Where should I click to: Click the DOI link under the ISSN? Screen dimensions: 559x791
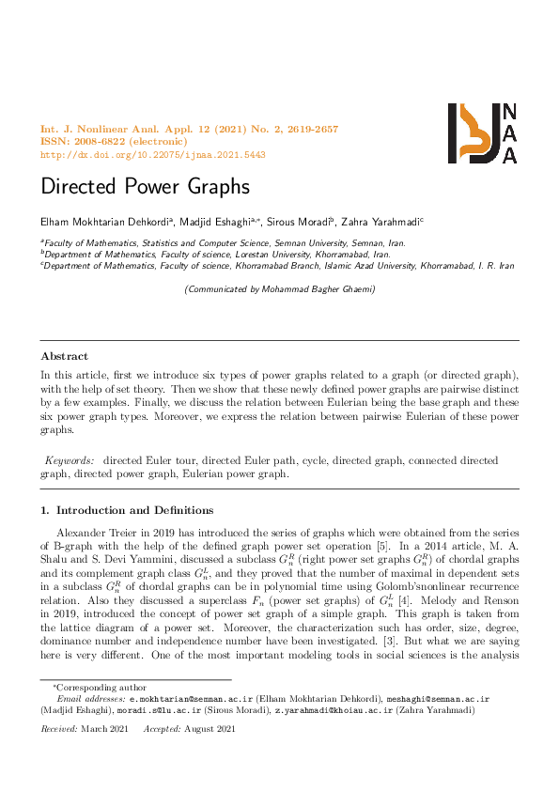(153, 154)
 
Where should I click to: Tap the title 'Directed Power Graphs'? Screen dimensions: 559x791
(145, 186)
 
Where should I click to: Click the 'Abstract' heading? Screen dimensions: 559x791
(64, 356)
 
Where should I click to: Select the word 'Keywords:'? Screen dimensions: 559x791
(70, 460)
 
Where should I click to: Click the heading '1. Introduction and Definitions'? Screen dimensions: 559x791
(127, 510)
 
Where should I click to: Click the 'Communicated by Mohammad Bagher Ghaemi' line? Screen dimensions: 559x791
(280, 289)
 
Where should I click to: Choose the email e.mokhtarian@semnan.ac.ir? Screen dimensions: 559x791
(188, 699)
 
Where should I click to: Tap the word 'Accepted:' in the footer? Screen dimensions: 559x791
(163, 728)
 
